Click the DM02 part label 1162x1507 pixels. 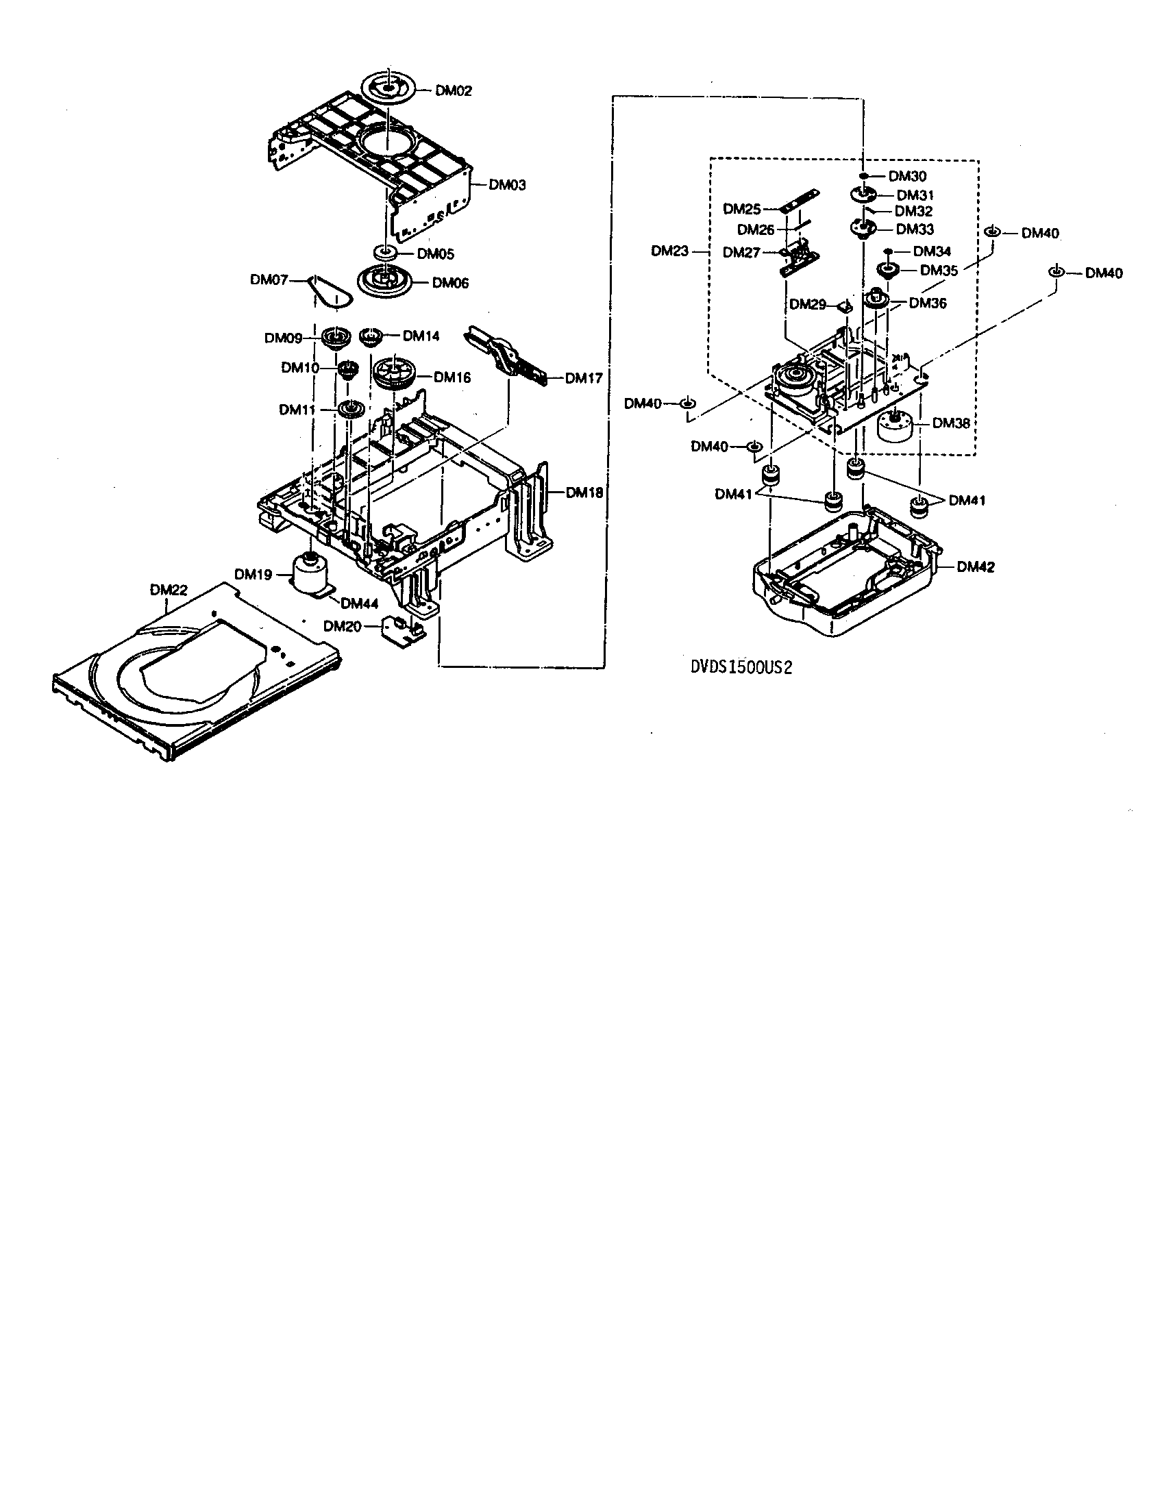(x=454, y=90)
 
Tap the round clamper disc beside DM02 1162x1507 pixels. (x=388, y=88)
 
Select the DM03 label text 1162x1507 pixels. (x=507, y=184)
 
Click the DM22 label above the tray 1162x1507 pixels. (x=169, y=590)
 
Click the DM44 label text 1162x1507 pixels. (x=360, y=603)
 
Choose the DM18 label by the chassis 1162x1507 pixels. (x=584, y=493)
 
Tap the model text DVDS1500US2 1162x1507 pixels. (x=737, y=668)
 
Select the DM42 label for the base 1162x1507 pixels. (x=975, y=566)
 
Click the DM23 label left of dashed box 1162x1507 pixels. (x=669, y=251)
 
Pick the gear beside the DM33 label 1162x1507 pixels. (x=862, y=228)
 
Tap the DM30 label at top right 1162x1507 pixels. (x=906, y=176)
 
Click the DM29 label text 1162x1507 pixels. (x=807, y=303)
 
